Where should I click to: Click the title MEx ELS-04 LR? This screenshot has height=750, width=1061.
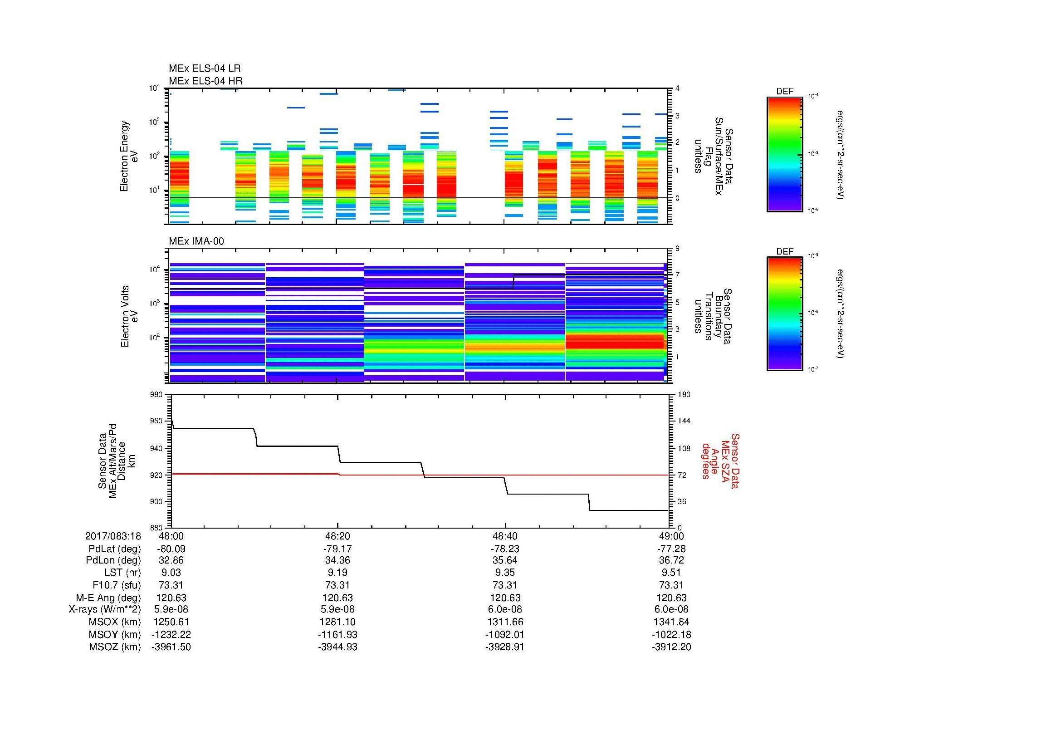pos(204,69)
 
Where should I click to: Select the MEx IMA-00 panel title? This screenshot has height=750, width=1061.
pos(196,241)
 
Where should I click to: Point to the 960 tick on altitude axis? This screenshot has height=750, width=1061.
pos(156,421)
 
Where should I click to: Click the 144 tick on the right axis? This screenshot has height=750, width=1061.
pos(684,421)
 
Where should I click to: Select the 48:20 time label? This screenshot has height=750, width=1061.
pos(337,536)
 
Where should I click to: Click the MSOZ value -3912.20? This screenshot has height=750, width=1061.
pos(671,647)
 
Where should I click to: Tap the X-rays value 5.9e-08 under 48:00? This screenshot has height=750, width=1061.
pos(171,609)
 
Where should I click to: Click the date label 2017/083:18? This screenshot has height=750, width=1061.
pos(113,536)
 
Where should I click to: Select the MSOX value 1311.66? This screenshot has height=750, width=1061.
pos(504,622)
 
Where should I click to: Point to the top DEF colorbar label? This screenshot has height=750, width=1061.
pos(784,92)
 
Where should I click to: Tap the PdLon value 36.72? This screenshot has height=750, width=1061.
pos(671,560)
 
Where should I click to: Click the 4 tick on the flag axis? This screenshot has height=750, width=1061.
pos(677,88)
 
